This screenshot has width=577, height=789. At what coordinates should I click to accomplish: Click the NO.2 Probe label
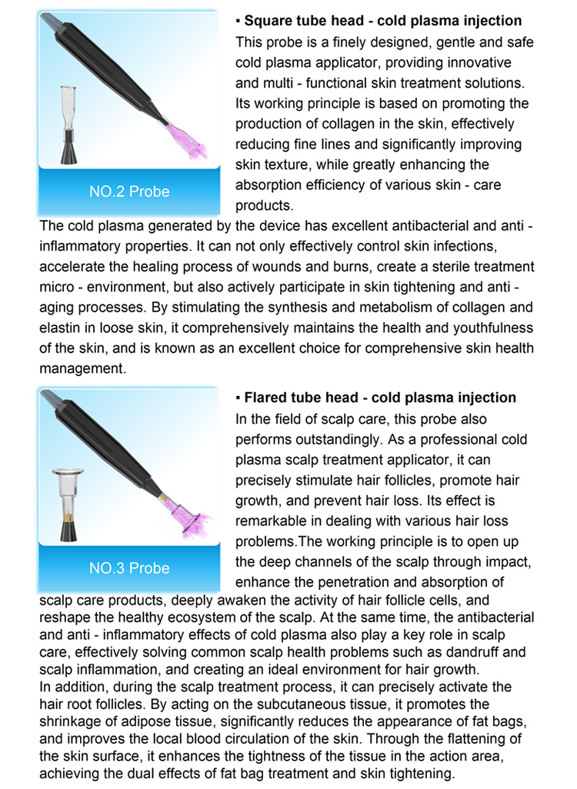129,191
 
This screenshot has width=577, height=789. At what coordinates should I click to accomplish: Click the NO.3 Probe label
129,568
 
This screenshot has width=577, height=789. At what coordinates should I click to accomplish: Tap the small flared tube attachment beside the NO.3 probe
70,503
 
